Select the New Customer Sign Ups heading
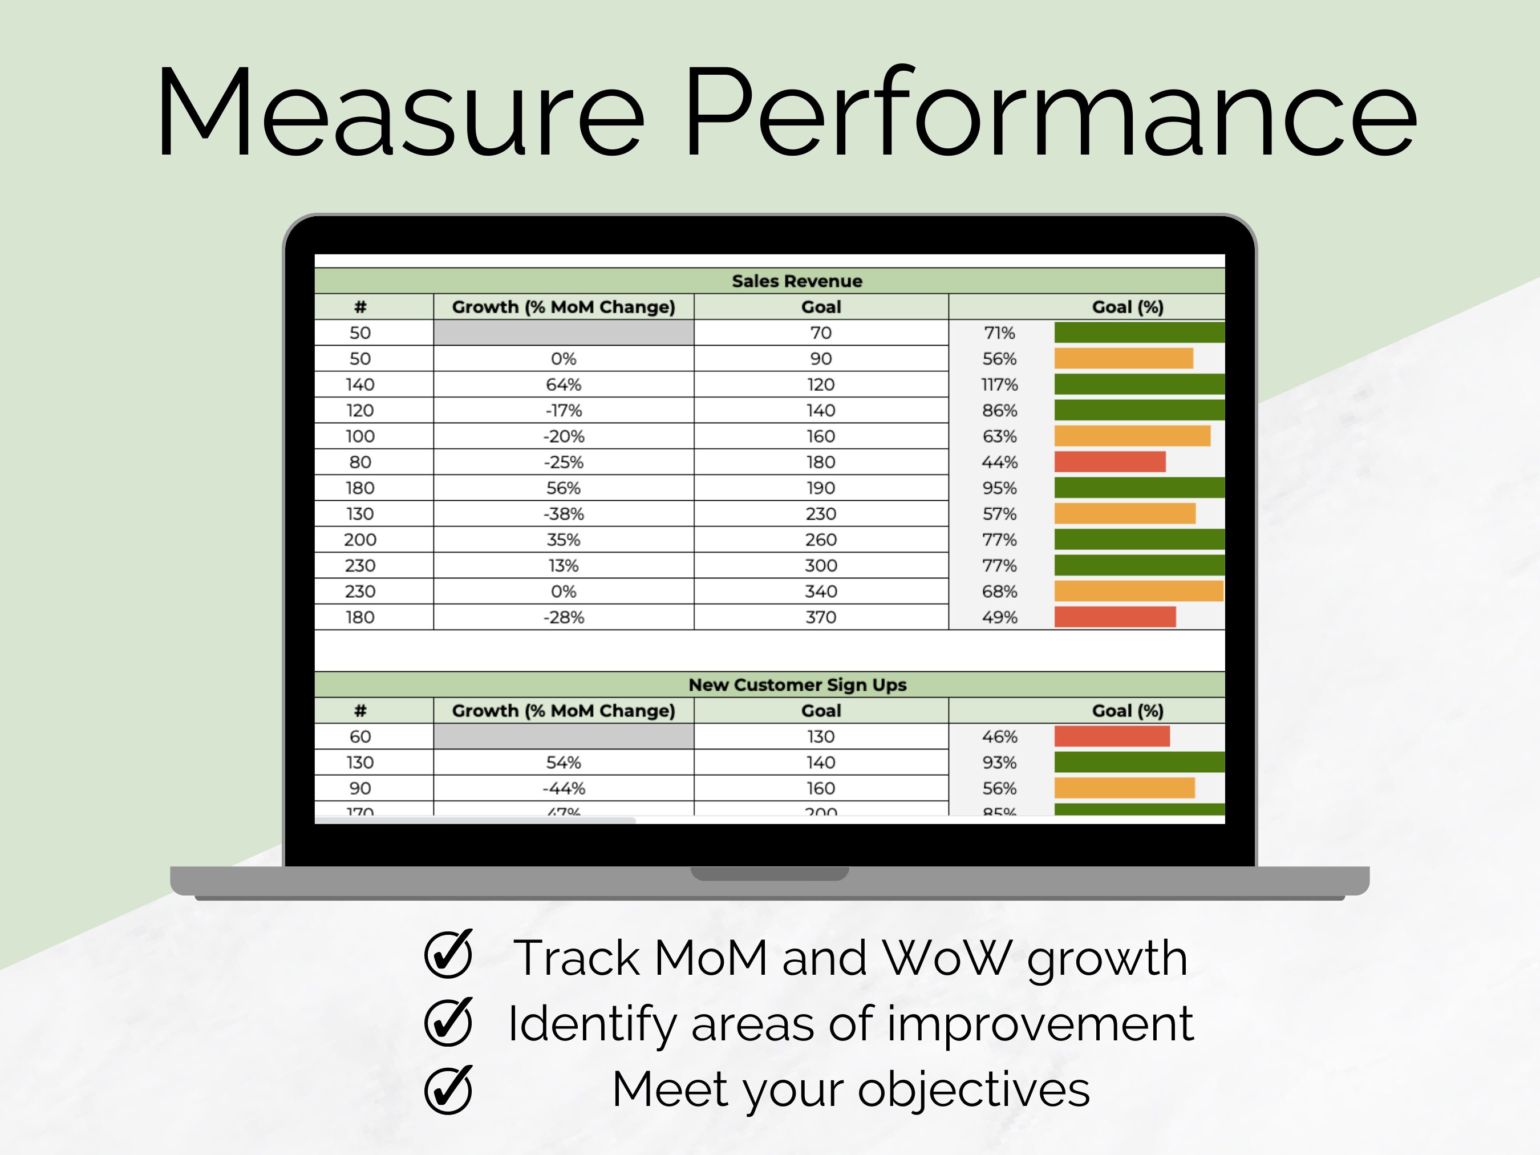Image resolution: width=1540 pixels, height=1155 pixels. point(797,684)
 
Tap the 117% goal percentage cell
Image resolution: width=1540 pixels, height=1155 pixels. point(999,384)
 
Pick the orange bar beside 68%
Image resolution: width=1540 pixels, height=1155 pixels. point(1138,591)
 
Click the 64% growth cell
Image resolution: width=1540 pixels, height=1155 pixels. point(563,384)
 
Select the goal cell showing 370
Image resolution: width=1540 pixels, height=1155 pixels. point(821,617)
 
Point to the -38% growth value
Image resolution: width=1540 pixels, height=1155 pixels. point(563,514)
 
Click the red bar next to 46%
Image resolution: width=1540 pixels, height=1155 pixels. point(1111,736)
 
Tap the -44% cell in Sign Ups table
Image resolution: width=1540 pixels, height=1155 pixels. point(563,788)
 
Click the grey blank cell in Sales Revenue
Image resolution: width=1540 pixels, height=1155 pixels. point(563,333)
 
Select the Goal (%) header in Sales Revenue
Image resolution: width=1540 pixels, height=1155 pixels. point(1127,307)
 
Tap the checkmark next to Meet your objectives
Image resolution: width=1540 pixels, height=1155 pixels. point(448,1089)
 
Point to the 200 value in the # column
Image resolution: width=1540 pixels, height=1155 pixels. point(360,540)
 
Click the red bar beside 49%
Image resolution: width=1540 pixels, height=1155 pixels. point(1115,617)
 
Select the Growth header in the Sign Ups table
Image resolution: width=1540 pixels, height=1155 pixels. point(563,711)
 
